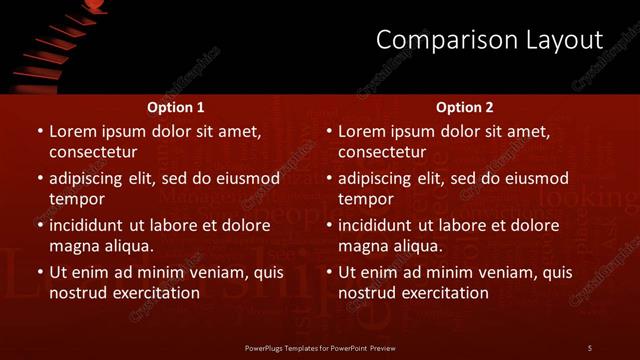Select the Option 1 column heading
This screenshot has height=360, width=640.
click(x=175, y=107)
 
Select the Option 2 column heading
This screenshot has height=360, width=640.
click(x=465, y=107)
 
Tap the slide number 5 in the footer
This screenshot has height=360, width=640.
click(x=590, y=347)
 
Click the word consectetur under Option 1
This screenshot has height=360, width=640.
click(x=92, y=152)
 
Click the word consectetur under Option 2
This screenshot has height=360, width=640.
click(x=382, y=152)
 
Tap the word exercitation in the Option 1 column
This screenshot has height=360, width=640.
click(x=154, y=293)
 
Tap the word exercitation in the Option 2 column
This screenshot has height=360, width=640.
click(x=444, y=293)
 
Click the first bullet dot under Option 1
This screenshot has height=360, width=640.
click(x=40, y=132)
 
